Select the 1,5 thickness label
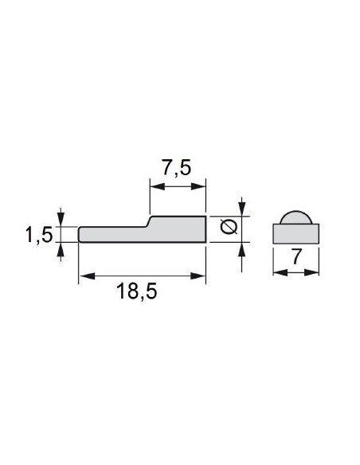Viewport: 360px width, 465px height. click(37, 234)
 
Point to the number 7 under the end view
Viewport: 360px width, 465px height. click(296, 258)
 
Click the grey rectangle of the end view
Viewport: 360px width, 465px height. click(296, 233)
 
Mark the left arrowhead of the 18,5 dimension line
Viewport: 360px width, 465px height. click(84, 275)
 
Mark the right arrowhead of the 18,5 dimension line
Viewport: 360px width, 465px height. click(201, 275)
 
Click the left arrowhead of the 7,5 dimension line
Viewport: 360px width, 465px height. click(155, 188)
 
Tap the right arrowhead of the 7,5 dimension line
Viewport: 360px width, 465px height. click(201, 188)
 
